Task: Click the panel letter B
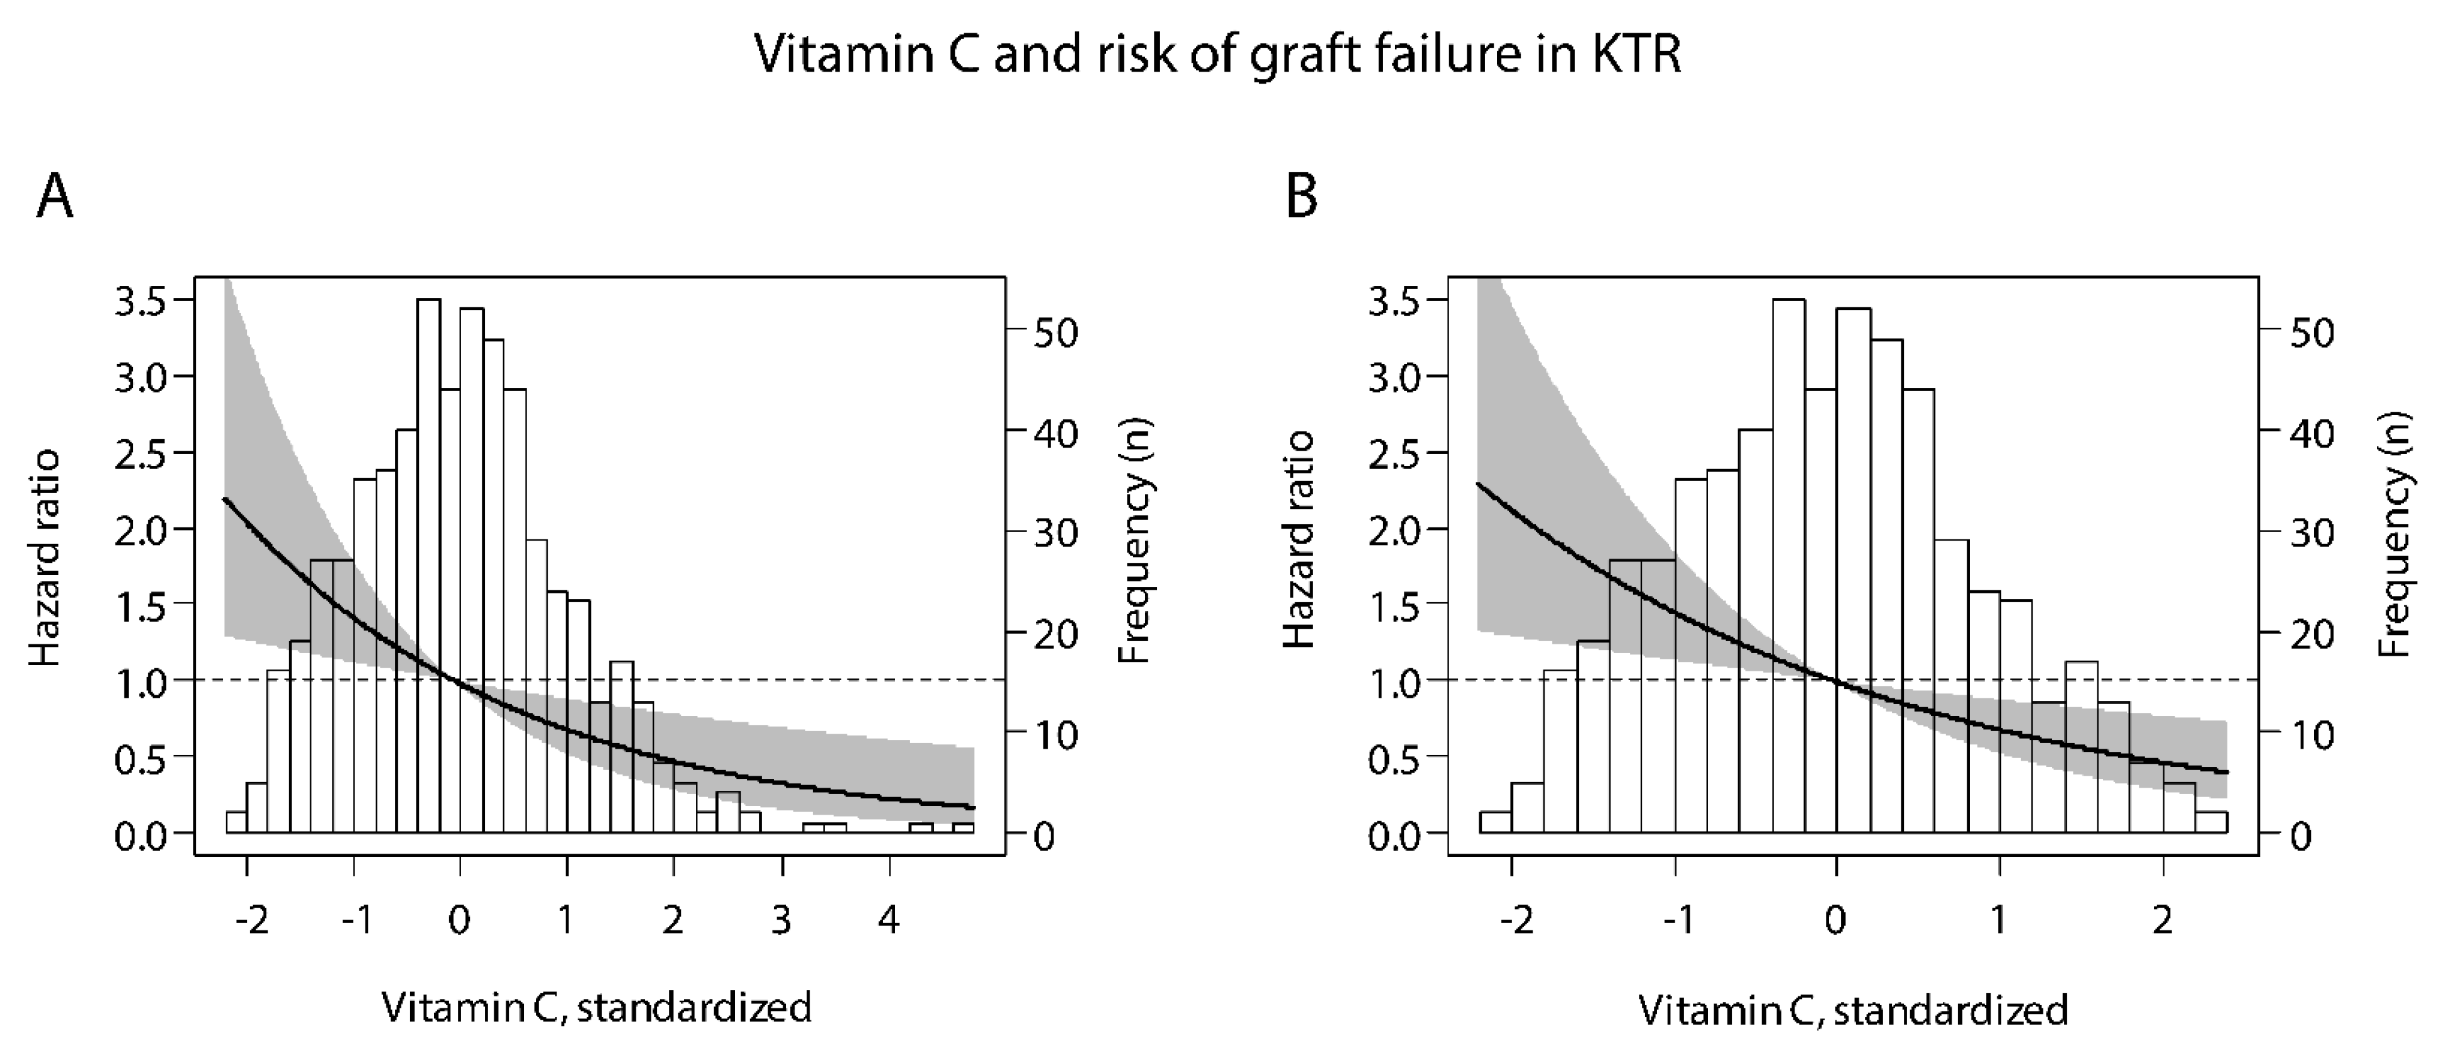(x=1301, y=197)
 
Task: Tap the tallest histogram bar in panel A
(x=428, y=570)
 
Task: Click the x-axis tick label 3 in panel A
(x=781, y=920)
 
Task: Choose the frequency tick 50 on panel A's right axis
(x=1054, y=333)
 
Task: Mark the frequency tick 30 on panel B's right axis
(x=2311, y=534)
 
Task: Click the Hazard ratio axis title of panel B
(x=1298, y=539)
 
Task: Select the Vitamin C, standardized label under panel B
(x=1852, y=1010)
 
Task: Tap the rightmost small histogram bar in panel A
(x=963, y=829)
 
